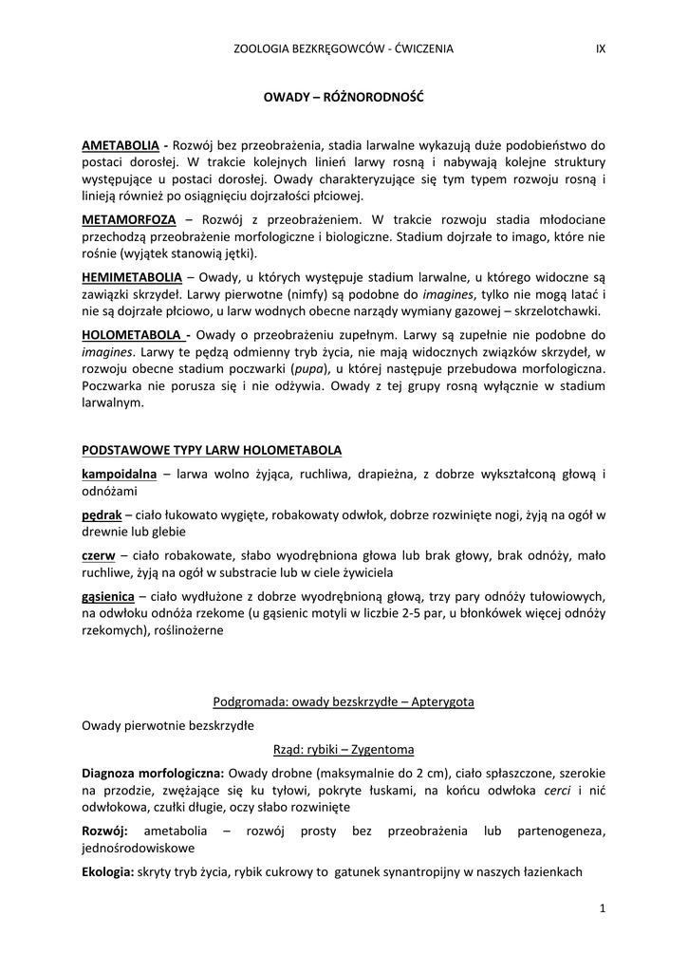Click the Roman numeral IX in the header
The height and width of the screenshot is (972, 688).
[x=600, y=48]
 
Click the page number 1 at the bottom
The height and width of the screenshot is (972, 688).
[x=603, y=908]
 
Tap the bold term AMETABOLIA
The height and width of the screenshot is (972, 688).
[x=121, y=146]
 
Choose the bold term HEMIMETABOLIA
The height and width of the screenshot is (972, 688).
[x=132, y=276]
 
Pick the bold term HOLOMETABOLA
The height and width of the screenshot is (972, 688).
[x=131, y=334]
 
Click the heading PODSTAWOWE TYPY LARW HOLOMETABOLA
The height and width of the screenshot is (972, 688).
[x=212, y=449]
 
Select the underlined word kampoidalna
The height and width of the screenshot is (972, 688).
[x=119, y=473]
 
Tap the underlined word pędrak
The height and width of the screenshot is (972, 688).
[x=102, y=514]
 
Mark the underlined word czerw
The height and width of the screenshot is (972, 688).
[x=99, y=554]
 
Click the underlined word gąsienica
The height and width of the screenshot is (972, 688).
[x=109, y=595]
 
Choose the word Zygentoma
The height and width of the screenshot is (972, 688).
[x=376, y=749]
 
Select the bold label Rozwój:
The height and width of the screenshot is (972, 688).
[x=105, y=831]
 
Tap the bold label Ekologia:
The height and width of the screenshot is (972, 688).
[x=108, y=871]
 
